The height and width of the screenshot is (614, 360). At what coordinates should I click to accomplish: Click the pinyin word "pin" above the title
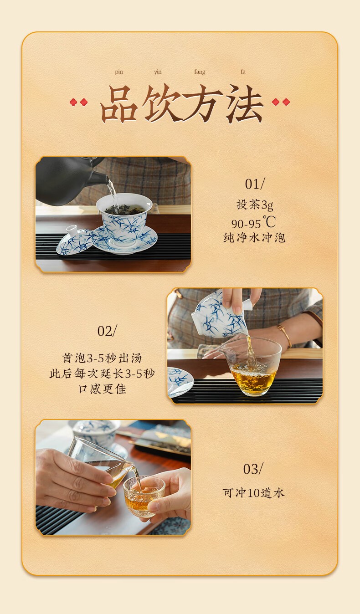(119, 72)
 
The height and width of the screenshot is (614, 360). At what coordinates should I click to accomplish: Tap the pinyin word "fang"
(200, 72)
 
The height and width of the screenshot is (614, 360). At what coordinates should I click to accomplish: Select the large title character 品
(118, 104)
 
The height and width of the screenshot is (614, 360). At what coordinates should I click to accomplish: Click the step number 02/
(107, 331)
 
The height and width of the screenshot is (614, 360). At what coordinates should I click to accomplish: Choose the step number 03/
(253, 469)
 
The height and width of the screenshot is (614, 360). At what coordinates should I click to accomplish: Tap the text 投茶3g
(255, 205)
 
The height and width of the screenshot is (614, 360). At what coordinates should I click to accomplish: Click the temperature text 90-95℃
(253, 223)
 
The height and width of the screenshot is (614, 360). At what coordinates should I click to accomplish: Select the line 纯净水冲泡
(254, 238)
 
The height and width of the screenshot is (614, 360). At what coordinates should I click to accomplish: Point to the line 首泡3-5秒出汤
(102, 358)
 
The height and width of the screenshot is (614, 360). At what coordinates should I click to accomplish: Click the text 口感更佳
(102, 389)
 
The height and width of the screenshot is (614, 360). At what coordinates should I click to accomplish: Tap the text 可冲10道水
(253, 493)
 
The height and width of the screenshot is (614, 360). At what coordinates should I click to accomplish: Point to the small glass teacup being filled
(144, 500)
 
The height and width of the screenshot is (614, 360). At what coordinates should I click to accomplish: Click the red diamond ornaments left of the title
(78, 102)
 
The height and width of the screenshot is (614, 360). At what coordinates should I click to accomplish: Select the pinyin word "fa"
(243, 72)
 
